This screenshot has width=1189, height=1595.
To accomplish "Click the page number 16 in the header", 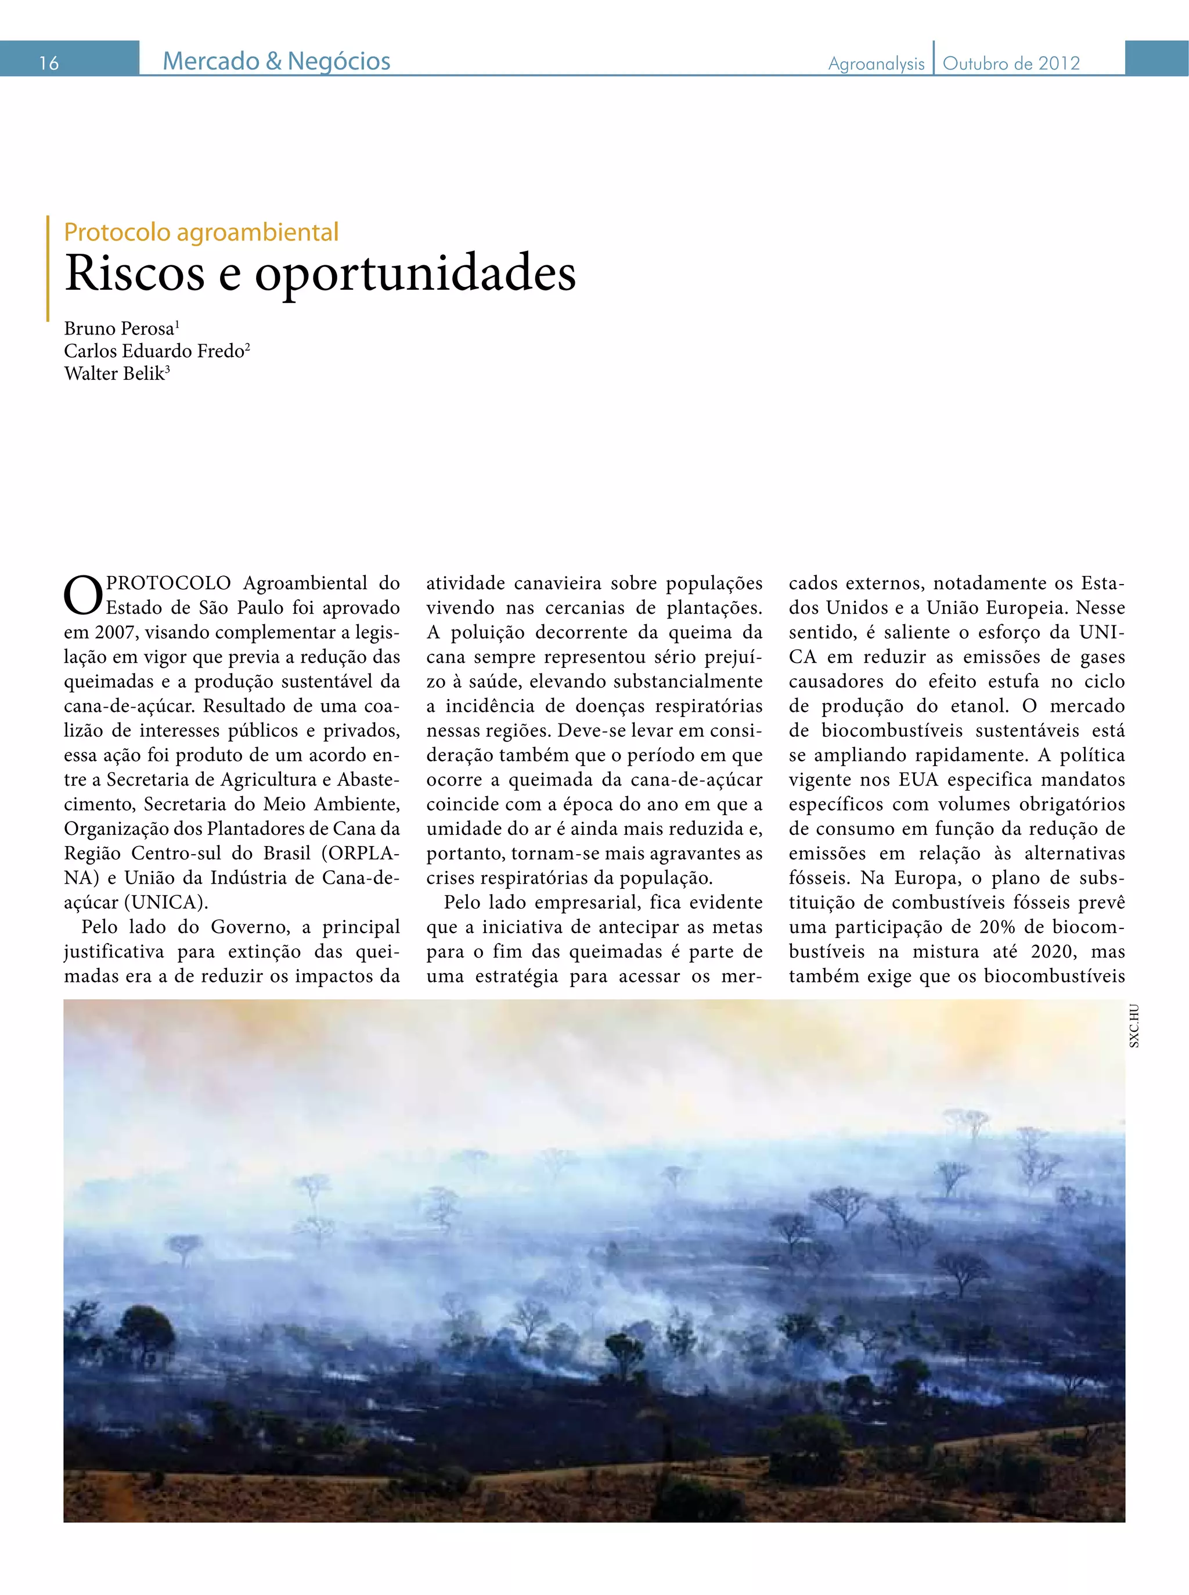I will click(x=48, y=63).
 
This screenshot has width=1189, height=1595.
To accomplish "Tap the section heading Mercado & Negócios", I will click(x=276, y=61).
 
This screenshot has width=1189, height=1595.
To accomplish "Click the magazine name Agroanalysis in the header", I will click(x=876, y=64).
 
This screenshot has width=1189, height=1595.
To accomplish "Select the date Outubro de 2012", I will click(x=1011, y=64).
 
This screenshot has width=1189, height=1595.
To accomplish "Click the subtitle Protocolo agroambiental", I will click(x=201, y=232).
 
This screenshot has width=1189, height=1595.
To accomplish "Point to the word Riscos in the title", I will click(x=135, y=274).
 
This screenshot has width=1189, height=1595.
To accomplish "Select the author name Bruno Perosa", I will click(x=120, y=329).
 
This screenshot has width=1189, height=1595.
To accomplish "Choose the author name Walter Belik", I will click(x=114, y=373).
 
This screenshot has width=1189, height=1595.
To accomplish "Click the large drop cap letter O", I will click(x=83, y=596).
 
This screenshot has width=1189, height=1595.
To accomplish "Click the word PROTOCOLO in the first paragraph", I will click(x=168, y=583).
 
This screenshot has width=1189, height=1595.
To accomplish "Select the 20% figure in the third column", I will click(x=997, y=927).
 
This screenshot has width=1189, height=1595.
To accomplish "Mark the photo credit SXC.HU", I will click(x=1134, y=1025).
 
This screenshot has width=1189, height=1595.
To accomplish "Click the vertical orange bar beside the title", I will click(x=48, y=268).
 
